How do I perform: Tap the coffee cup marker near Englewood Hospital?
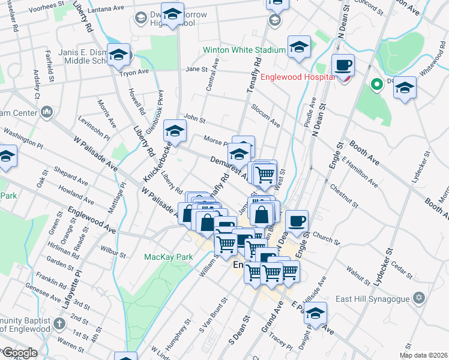coord(343,65)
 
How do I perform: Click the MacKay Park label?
coord(168,257)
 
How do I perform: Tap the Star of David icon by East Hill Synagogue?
coord(420,298)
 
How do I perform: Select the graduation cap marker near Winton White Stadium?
coord(298,47)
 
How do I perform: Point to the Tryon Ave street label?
coord(134,72)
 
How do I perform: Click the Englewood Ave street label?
coord(92,220)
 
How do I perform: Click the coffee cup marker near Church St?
coord(297,221)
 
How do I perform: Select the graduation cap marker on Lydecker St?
coord(405,88)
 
